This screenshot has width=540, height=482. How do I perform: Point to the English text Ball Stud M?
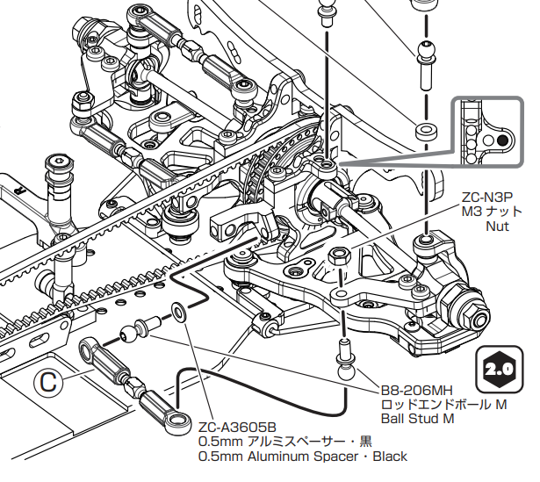[x=416, y=419]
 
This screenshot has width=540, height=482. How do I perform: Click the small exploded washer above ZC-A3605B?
[x=178, y=311]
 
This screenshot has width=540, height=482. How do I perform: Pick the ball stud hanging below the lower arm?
[x=345, y=356]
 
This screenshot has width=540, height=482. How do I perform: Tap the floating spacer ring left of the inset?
[x=425, y=132]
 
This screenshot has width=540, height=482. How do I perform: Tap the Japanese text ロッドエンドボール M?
[x=443, y=405]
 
